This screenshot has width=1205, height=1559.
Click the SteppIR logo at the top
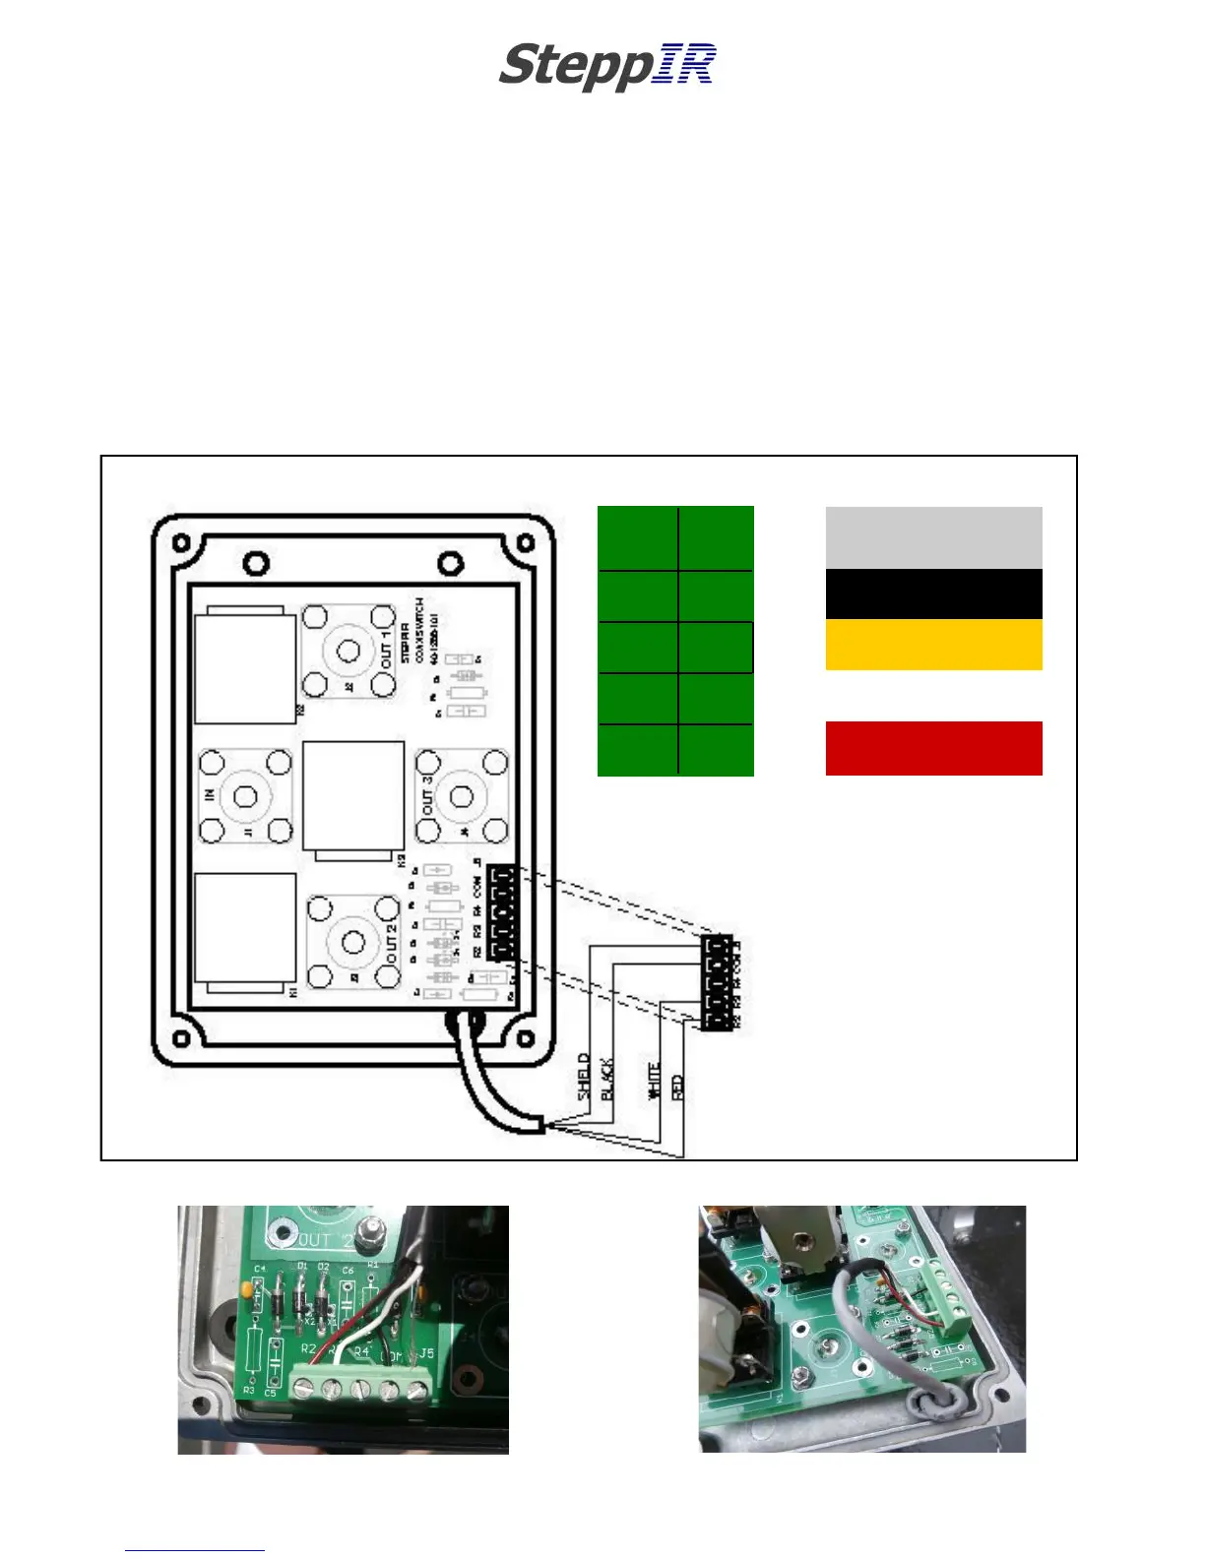pyautogui.click(x=606, y=67)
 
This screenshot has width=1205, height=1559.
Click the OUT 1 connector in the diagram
pyautogui.click(x=349, y=651)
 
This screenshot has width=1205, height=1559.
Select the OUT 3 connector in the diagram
pyautogui.click(x=461, y=796)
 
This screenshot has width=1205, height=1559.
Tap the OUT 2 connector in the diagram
pyautogui.click(x=352, y=942)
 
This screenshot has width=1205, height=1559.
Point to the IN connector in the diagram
pyautogui.click(x=246, y=796)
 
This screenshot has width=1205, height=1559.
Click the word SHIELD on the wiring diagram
pyautogui.click(x=585, y=1078)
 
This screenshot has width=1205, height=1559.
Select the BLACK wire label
pyautogui.click(x=607, y=1079)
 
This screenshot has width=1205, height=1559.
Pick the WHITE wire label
pyautogui.click(x=653, y=1081)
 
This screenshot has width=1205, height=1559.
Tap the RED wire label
pyautogui.click(x=676, y=1088)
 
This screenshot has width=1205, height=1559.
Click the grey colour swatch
pyautogui.click(x=933, y=537)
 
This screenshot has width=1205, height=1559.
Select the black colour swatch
pyautogui.click(x=933, y=593)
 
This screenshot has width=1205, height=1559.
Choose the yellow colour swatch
pyautogui.click(x=933, y=645)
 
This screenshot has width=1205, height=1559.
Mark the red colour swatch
pyautogui.click(x=933, y=748)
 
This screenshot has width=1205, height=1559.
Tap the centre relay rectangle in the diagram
pyautogui.click(x=353, y=798)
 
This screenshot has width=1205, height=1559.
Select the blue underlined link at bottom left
pyautogui.click(x=194, y=1550)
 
